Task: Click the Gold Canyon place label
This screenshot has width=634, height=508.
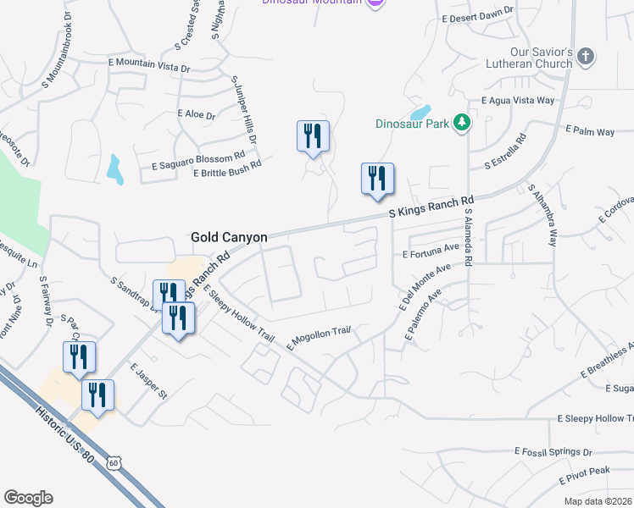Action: (229, 238)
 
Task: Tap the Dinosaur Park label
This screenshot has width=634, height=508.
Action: (412, 123)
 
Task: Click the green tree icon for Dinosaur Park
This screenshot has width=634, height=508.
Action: (461, 123)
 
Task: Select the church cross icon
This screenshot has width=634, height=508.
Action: (585, 57)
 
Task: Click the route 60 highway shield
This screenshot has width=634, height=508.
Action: (114, 462)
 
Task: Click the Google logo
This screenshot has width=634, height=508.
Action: (28, 497)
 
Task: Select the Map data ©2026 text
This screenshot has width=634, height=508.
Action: (597, 501)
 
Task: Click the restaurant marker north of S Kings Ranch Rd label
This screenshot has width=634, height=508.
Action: (377, 179)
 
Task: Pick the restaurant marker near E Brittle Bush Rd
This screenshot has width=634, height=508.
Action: (313, 135)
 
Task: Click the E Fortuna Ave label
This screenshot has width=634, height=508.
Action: (431, 252)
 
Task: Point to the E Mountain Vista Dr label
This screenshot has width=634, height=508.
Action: (148, 62)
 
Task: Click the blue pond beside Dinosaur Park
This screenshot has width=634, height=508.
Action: (420, 112)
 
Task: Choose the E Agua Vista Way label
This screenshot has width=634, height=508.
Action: (517, 100)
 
